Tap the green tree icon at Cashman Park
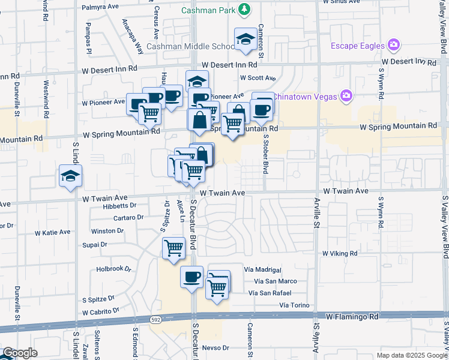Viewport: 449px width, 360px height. [x=244, y=9]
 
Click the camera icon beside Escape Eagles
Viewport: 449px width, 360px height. [x=394, y=44]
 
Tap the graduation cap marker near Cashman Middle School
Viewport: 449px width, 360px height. [x=244, y=40]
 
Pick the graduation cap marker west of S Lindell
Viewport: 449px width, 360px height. [x=70, y=176]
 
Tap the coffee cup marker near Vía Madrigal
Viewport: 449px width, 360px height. [x=192, y=277]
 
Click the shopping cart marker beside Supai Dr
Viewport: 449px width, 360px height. [x=173, y=247]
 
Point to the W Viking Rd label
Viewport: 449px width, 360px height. [x=340, y=254]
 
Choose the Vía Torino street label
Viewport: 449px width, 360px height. [x=294, y=305]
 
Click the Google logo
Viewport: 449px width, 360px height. [x=19, y=353]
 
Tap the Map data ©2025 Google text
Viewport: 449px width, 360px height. [x=411, y=355]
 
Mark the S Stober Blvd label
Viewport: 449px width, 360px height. [x=265, y=152]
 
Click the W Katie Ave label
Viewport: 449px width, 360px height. [x=52, y=232]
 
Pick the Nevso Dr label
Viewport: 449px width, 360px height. [x=216, y=347]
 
